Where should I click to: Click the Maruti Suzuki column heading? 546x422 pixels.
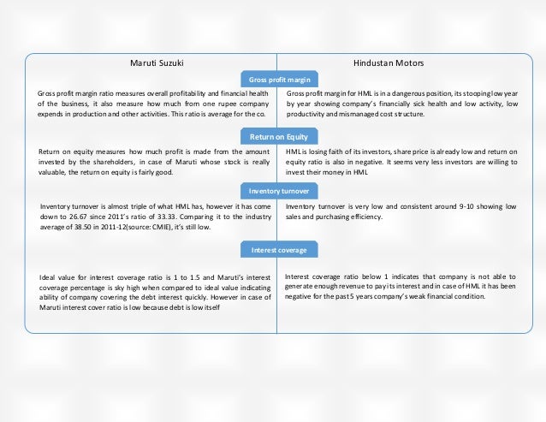coord(157,63)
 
